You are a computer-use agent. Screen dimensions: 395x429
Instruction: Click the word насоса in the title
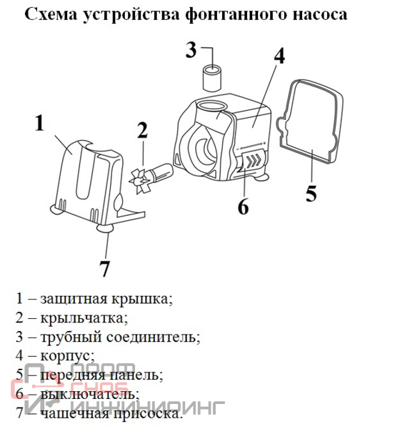coord(320,14)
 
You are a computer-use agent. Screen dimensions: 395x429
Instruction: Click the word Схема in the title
coord(51,14)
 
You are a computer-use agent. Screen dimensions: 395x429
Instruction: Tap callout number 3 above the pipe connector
coord(191,50)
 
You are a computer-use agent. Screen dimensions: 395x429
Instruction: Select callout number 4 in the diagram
coord(279,56)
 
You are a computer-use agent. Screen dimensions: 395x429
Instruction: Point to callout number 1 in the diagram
coord(40,123)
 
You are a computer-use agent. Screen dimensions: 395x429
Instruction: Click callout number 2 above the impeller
coord(142,130)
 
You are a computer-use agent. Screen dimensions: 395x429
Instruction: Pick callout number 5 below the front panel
coord(311,194)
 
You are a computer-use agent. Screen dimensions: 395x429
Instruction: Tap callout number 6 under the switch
coord(244,206)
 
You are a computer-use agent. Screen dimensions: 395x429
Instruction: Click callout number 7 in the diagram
coord(104,268)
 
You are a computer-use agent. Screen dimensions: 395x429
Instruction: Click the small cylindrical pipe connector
coord(212,78)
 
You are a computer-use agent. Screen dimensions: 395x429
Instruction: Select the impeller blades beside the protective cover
coord(140,181)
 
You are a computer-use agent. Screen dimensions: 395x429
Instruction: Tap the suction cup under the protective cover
coord(106,228)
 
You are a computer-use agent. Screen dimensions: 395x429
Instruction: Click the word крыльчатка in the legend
coord(84,318)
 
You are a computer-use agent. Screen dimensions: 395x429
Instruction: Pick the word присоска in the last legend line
coord(148,414)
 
